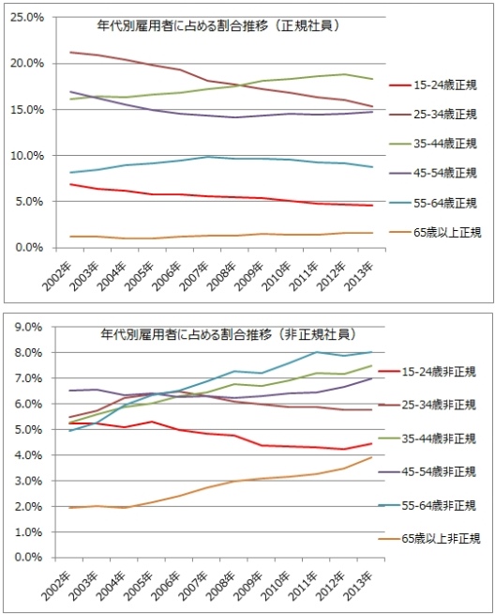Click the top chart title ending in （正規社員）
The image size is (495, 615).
tap(217, 26)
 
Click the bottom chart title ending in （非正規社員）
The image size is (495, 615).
tap(228, 334)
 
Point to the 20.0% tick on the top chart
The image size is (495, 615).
tap(27, 64)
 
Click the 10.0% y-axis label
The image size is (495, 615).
tap(27, 156)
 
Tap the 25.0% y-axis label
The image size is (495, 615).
tap(27, 18)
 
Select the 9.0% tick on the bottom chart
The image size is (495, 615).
tap(28, 327)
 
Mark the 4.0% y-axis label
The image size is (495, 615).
tap(28, 455)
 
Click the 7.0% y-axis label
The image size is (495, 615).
tap(28, 378)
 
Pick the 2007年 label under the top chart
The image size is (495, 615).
tap(193, 276)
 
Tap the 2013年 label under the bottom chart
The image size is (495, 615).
tap(358, 586)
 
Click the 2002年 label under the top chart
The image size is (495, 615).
tap(56, 276)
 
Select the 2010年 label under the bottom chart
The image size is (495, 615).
tap(276, 586)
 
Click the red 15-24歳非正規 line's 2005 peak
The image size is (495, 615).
tap(152, 422)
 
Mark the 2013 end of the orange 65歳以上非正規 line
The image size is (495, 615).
tap(371, 457)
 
